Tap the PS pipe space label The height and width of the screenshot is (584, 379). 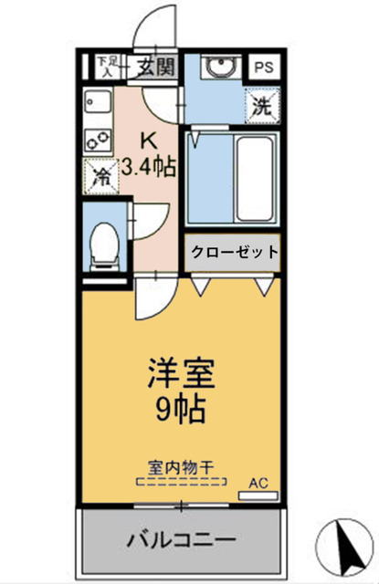click(262, 67)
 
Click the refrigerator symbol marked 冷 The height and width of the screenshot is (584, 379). click(101, 176)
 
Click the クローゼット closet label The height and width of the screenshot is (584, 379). click(234, 253)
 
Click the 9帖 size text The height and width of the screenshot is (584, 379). click(180, 407)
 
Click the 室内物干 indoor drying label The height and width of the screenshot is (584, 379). click(180, 466)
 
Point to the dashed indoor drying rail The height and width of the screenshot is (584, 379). click(180, 481)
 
